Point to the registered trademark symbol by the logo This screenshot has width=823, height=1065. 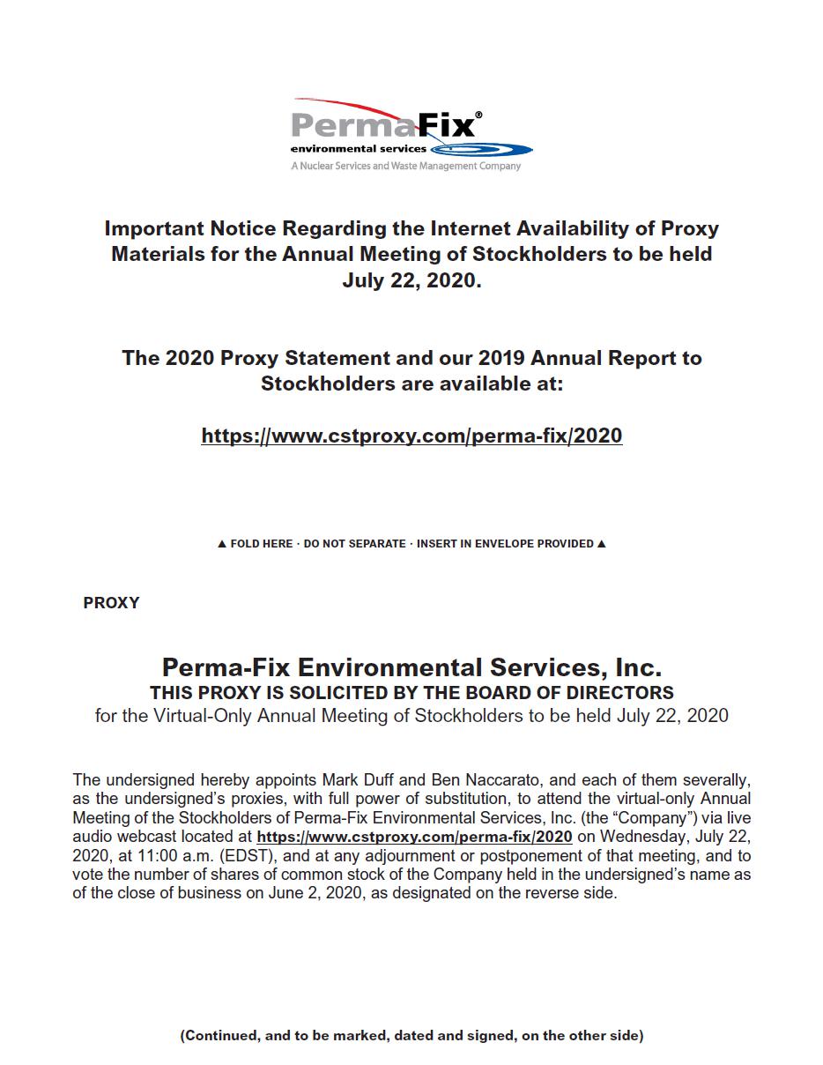click(478, 115)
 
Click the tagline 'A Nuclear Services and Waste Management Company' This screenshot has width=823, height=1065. click(405, 166)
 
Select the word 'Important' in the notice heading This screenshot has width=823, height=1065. click(154, 228)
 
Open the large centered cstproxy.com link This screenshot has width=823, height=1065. click(411, 436)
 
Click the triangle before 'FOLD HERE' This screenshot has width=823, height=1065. click(222, 544)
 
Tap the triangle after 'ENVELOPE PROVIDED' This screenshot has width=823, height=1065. click(601, 544)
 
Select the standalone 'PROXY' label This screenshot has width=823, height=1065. click(111, 603)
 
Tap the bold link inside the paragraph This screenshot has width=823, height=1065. click(414, 837)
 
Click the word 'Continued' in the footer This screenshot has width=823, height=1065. click(224, 1036)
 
